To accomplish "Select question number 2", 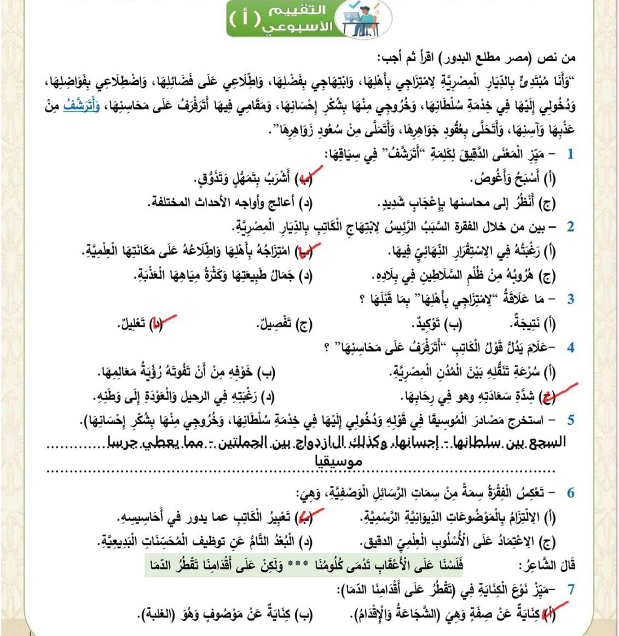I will (570, 226).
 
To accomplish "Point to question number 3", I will (570, 299).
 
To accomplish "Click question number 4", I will (570, 348).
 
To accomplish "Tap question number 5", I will (570, 420).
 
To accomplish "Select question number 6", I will (570, 493).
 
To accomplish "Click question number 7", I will (570, 589).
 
